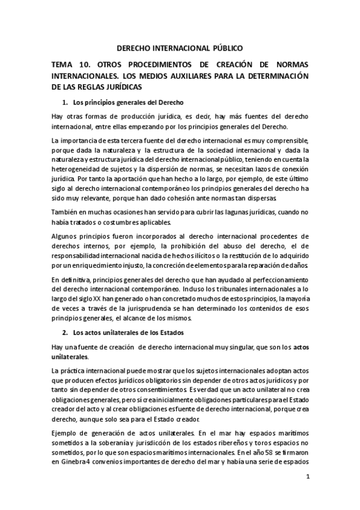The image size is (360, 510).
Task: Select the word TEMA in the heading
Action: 64,66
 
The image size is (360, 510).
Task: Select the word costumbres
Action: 133,222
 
